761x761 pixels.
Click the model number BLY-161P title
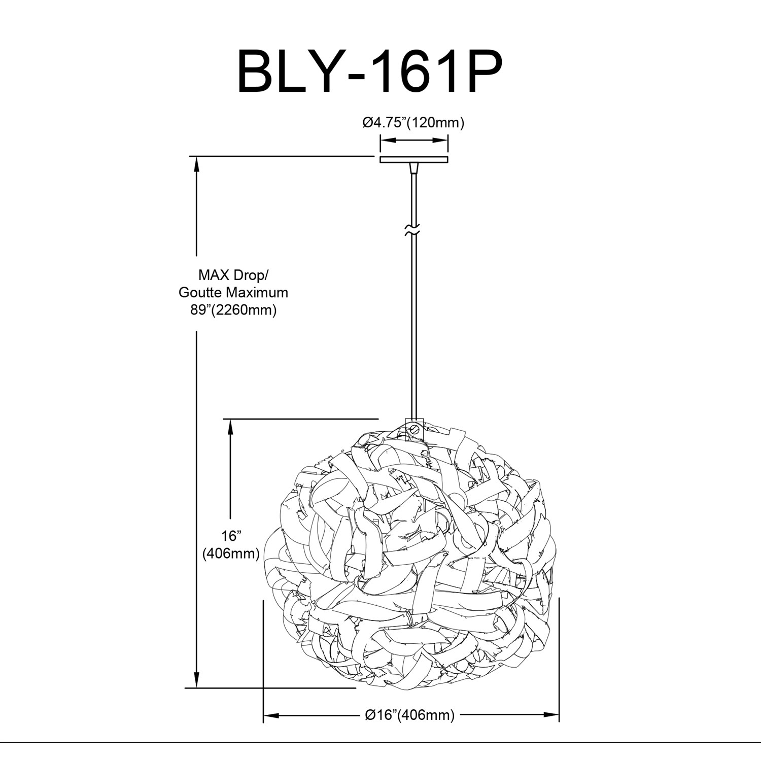click(x=369, y=71)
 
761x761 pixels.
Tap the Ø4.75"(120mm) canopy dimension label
click(x=413, y=122)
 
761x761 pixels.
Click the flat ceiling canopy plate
click(x=414, y=159)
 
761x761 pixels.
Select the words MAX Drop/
click(x=233, y=275)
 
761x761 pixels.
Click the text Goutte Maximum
click(x=233, y=292)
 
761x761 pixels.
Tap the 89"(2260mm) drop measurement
click(x=233, y=309)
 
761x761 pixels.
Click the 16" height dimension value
click(x=231, y=536)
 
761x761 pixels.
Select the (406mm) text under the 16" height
click(x=231, y=554)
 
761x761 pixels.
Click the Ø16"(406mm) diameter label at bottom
click(x=410, y=715)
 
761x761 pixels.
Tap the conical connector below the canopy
click(x=414, y=168)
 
